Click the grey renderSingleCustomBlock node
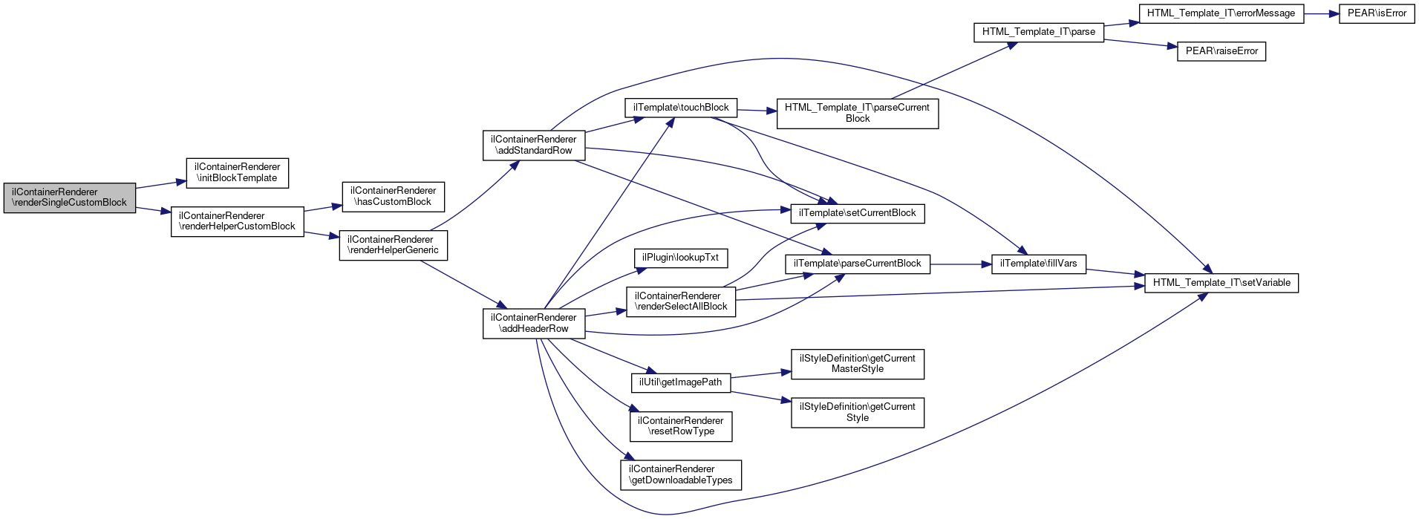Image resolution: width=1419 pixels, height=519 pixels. click(x=70, y=198)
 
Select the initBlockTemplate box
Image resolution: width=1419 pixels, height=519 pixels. click(x=237, y=172)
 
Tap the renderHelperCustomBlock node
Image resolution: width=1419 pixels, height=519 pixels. click(x=237, y=221)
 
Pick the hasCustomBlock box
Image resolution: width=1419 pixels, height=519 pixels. click(x=393, y=196)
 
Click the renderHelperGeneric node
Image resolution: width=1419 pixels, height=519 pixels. click(x=393, y=245)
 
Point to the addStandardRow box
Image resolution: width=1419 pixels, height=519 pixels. click(x=533, y=145)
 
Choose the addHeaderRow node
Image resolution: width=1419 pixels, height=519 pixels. click(x=533, y=323)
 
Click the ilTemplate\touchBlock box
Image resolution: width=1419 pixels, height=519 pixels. click(x=681, y=108)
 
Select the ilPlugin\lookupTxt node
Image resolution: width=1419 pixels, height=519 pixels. click(x=681, y=258)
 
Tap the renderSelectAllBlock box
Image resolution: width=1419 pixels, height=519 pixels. click(x=681, y=301)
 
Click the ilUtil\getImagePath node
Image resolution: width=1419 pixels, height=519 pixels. click(x=681, y=382)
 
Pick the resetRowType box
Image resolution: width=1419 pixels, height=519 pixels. click(x=681, y=426)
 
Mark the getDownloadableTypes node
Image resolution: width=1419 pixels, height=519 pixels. click(x=681, y=474)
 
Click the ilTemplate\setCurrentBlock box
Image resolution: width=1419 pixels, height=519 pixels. click(x=858, y=213)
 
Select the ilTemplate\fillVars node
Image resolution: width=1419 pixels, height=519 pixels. click(x=1039, y=264)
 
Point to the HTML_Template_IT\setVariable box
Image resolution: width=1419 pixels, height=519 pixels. click(x=1221, y=283)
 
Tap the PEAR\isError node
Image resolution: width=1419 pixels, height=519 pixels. click(x=1377, y=13)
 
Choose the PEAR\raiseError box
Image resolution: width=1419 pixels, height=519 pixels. click(x=1221, y=51)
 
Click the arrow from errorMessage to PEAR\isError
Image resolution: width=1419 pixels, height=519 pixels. click(x=1322, y=13)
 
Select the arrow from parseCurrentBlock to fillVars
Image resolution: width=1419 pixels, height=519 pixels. click(x=961, y=264)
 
